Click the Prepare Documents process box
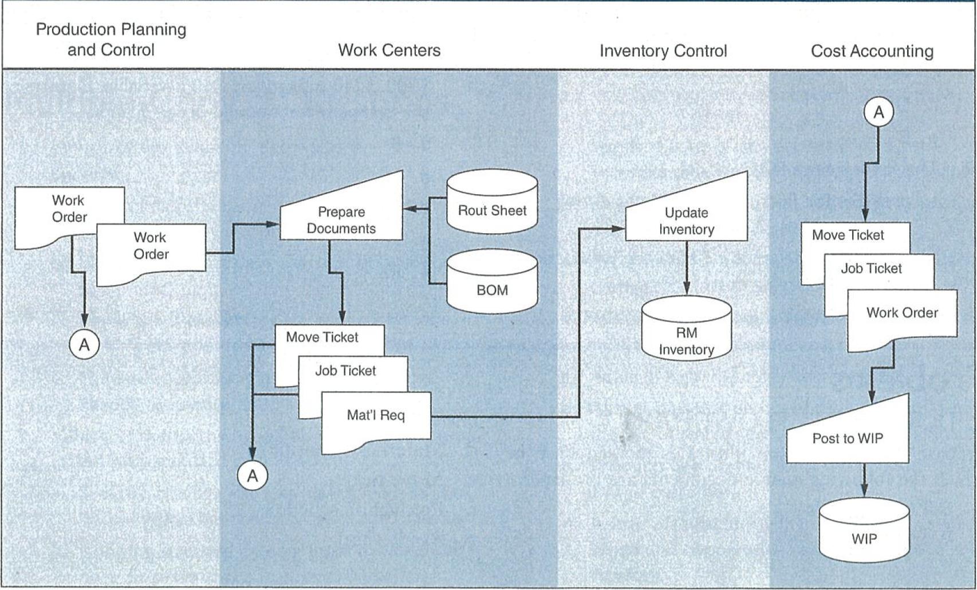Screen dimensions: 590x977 coord(341,220)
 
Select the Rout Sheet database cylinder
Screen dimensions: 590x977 coord(492,210)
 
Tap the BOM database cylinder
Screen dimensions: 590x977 coord(492,290)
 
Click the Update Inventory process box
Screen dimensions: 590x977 coord(686,221)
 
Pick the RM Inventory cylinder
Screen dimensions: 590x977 coord(686,341)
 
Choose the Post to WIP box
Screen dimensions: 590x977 coord(848,438)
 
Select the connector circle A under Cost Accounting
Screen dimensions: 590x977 coord(878,112)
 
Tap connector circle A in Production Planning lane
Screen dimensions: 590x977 coord(84,345)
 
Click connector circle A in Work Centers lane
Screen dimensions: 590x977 coord(253,475)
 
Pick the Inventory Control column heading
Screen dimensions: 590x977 coord(663,51)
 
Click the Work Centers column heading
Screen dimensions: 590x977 coord(389,50)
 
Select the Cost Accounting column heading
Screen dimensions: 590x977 coord(872,51)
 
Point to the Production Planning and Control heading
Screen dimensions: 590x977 coord(111,40)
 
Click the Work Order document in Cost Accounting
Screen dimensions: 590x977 coord(902,313)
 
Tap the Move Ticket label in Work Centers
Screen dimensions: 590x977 coord(322,337)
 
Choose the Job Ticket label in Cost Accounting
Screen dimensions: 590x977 coord(871,268)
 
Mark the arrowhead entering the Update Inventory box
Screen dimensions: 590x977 coord(619,229)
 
